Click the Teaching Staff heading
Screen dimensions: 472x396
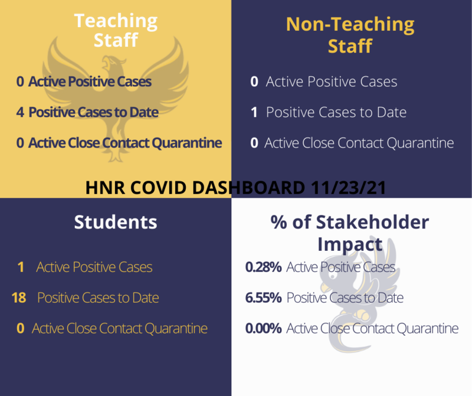coord(116,31)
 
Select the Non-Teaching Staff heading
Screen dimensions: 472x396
coord(350,35)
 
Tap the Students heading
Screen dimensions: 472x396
coord(116,222)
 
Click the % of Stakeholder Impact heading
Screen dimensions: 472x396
coord(350,233)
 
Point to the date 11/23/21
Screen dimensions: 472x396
coord(348,188)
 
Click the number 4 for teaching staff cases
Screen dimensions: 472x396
coord(20,112)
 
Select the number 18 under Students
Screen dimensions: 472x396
coord(19,298)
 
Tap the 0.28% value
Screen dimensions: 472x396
coord(263,267)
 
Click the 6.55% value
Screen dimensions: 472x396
coord(263,298)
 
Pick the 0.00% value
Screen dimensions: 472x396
coord(263,329)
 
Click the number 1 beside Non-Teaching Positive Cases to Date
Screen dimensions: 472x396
coord(254,112)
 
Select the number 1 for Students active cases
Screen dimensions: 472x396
coord(21,267)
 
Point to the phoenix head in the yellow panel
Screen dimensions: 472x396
coord(110,63)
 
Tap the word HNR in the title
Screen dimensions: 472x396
coord(105,188)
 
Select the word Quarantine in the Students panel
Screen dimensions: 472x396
coord(176,329)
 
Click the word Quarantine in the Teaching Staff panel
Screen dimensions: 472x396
coord(187,143)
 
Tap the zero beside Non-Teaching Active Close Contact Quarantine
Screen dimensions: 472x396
coord(254,143)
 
